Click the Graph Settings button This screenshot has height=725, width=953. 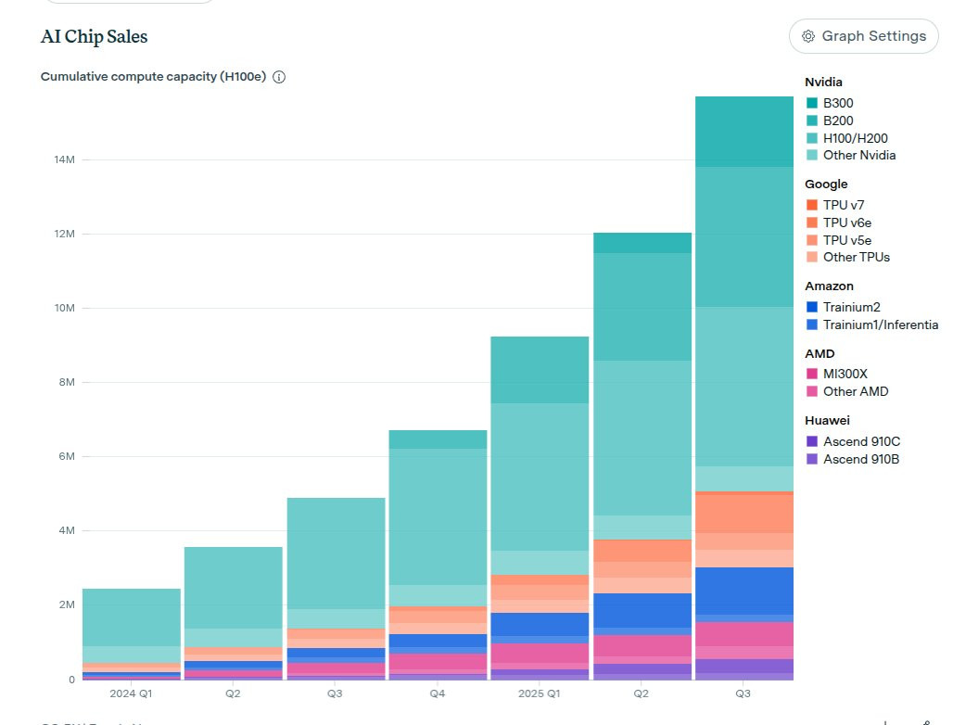[864, 36]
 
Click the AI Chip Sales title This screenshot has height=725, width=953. [94, 37]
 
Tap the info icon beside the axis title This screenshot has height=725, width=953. [279, 77]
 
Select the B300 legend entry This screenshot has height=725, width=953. [838, 104]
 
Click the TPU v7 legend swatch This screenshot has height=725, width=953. [812, 205]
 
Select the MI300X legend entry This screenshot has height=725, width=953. [845, 374]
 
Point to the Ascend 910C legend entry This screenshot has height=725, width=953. [860, 441]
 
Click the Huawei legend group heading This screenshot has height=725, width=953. [827, 420]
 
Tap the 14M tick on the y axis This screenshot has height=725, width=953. [64, 159]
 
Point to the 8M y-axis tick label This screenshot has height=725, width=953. [64, 382]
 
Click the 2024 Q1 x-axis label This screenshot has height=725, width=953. [131, 693]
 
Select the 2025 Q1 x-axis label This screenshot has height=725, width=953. [539, 693]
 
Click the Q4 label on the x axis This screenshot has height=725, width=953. [437, 693]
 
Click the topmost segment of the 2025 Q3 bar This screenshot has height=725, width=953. [743, 132]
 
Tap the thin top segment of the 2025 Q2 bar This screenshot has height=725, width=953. [642, 243]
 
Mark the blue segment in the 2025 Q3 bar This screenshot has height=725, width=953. [743, 591]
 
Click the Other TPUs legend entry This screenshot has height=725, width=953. [856, 257]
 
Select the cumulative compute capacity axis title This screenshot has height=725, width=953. [153, 77]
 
